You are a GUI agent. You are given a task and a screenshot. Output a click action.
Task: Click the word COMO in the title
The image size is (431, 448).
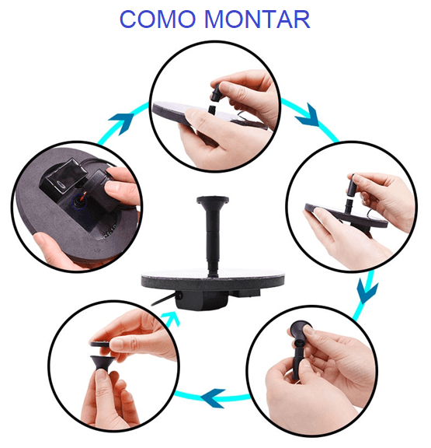(158, 19)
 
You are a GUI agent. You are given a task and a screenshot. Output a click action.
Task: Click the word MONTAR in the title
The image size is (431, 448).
(258, 19)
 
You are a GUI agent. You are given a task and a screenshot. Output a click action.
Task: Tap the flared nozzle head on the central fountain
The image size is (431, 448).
(213, 200)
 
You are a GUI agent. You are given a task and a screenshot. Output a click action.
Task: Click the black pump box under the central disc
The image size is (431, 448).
(202, 300)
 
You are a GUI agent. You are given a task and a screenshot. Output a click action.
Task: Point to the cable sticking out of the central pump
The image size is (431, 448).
(163, 299)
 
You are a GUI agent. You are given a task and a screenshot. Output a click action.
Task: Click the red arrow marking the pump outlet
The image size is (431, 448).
(83, 196)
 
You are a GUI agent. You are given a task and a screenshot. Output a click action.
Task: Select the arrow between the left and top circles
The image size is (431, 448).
(122, 122)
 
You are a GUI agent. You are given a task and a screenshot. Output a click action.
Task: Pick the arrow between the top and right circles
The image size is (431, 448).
(308, 115)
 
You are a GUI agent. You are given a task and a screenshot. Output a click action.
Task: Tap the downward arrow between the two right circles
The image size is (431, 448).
(367, 291)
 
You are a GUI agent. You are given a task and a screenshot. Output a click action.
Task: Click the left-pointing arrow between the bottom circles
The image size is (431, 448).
(214, 397)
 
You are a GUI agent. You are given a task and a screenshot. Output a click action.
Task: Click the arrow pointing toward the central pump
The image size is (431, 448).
(171, 318)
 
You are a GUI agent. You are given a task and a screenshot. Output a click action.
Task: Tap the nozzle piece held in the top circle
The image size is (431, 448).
(217, 92)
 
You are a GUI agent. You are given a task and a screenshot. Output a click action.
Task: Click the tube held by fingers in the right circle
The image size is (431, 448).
(352, 185)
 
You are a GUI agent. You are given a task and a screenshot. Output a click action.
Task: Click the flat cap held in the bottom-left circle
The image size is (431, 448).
(100, 344)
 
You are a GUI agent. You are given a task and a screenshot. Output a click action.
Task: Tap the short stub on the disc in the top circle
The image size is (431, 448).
(212, 110)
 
